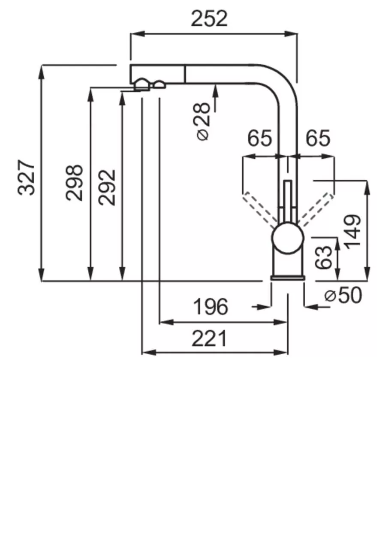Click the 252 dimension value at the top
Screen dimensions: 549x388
click(x=209, y=19)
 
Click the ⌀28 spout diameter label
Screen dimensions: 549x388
click(x=203, y=121)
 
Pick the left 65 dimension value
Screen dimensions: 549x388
click(x=260, y=139)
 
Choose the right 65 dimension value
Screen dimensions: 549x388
click(x=318, y=139)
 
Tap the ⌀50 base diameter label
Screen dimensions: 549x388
click(x=343, y=295)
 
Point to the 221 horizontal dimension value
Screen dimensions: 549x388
click(x=209, y=339)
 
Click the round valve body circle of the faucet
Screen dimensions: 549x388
click(x=288, y=238)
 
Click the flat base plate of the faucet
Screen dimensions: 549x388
click(x=288, y=278)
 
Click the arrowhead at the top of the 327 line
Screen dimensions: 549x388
click(x=42, y=71)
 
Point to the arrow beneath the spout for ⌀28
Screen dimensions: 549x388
click(x=215, y=90)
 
